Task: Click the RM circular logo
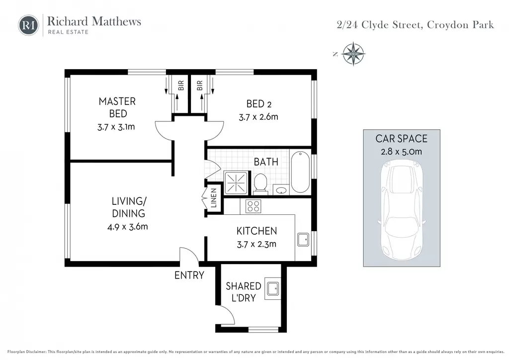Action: pos(28,25)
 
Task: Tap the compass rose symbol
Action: pos(353,54)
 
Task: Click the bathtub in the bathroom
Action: pos(300,172)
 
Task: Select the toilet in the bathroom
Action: pos(260,183)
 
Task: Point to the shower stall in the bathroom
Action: pos(236,183)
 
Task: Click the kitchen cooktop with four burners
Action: pos(253,206)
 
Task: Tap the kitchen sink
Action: pos(303,240)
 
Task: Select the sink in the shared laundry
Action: pos(272,288)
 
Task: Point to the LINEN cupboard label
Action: pos(214,198)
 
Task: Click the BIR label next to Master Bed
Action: pos(181,86)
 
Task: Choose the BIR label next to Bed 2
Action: pos(200,86)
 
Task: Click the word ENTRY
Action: pos(189,275)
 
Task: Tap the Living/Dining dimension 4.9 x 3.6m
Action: pos(128,227)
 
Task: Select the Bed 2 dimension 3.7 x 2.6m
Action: pos(258,117)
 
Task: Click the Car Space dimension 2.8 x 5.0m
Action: pos(402,152)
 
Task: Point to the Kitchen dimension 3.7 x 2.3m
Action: pos(256,244)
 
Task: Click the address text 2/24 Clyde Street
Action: pos(380,25)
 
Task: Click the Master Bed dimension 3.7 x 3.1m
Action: pos(116,127)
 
